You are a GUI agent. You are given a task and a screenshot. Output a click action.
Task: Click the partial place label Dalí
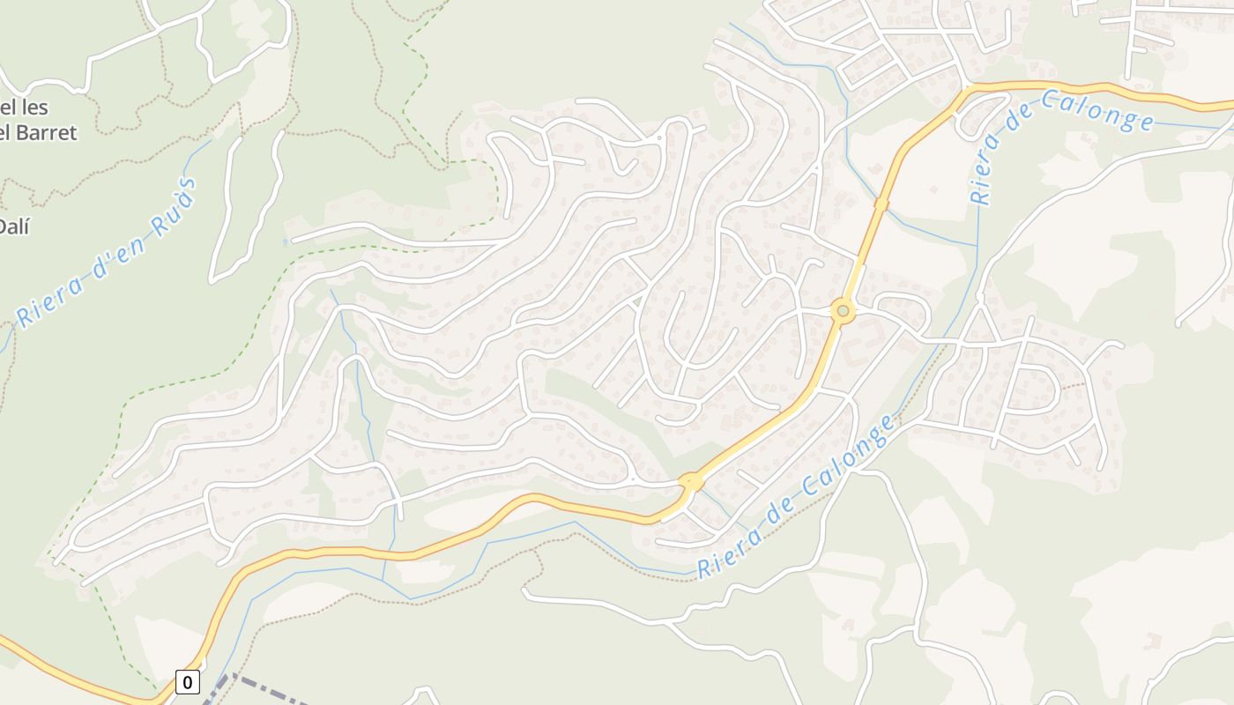pyautogui.click(x=14, y=226)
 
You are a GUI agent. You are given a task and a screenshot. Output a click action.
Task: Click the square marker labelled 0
pyautogui.click(x=187, y=681)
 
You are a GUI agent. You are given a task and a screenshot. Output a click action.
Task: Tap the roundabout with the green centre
pyautogui.click(x=843, y=310)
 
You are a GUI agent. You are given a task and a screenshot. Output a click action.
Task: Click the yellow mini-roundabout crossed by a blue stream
pyautogui.click(x=881, y=204)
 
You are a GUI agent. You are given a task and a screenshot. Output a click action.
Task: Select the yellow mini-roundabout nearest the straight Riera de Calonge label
pyautogui.click(x=691, y=481)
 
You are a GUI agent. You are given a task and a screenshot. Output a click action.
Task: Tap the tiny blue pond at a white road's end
pyautogui.click(x=286, y=241)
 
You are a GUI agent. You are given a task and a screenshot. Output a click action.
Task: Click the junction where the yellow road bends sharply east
pyautogui.click(x=967, y=88)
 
